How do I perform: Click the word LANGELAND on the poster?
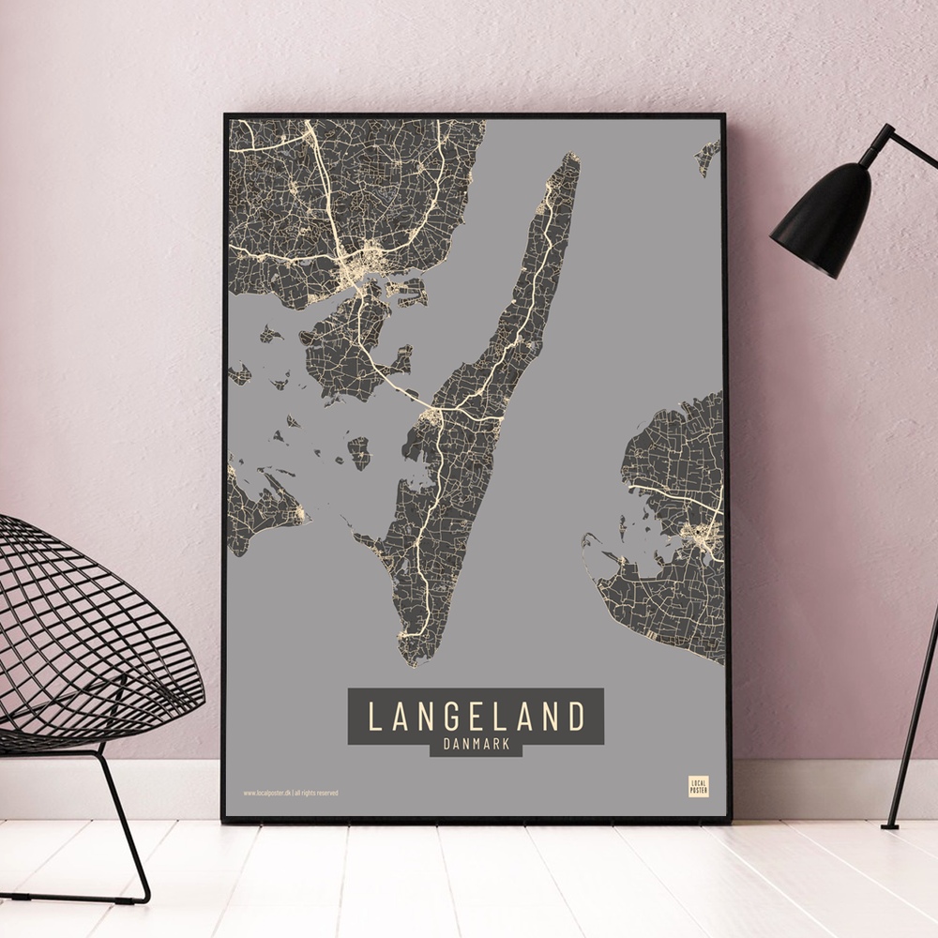tap(476, 717)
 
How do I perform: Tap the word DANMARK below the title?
tap(476, 745)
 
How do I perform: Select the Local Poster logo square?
tap(698, 786)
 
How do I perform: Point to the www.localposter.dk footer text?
tap(290, 793)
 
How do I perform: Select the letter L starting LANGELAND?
tap(373, 717)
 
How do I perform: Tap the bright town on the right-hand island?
tap(702, 539)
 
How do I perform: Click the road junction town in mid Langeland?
tap(433, 416)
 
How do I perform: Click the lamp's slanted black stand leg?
tap(915, 713)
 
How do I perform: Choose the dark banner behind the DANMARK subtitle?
tap(476, 746)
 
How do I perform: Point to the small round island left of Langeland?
tap(358, 452)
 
